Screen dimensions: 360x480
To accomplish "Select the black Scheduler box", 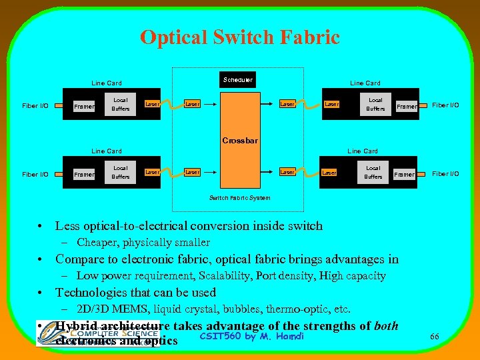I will coord(238,80).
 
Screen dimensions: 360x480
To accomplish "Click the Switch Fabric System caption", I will coord(240,198).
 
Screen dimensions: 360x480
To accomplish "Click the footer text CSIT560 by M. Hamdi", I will coord(252,335).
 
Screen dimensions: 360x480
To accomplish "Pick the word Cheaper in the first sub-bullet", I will coord(97,243).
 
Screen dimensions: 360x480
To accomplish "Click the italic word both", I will coord(386,326).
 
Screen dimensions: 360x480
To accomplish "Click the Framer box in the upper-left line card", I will coord(84,106).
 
